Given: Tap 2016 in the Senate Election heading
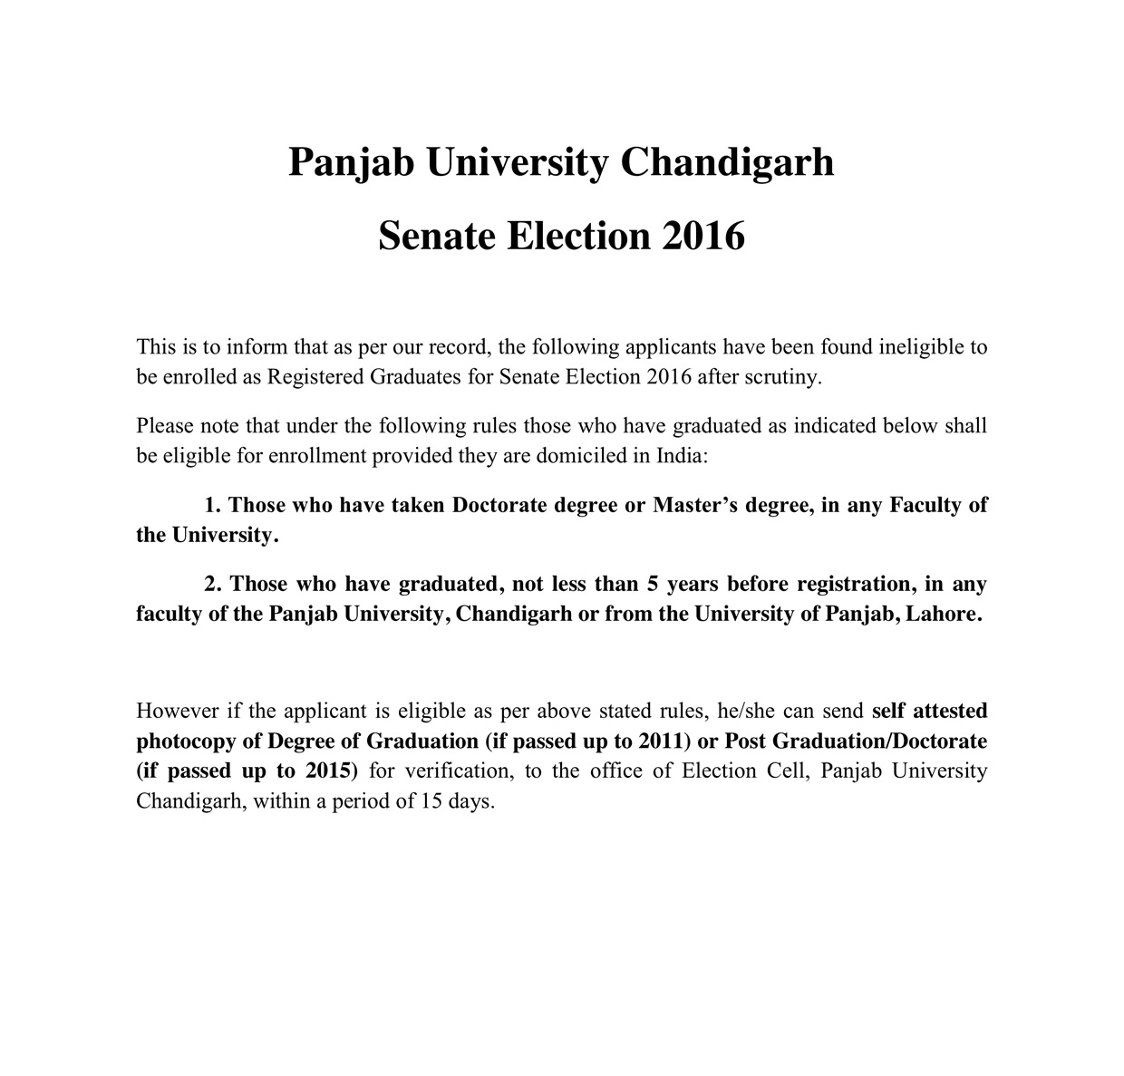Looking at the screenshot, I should point(703,237).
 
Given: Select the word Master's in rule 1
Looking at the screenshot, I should point(695,505).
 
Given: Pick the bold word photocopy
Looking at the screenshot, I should point(184,742).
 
